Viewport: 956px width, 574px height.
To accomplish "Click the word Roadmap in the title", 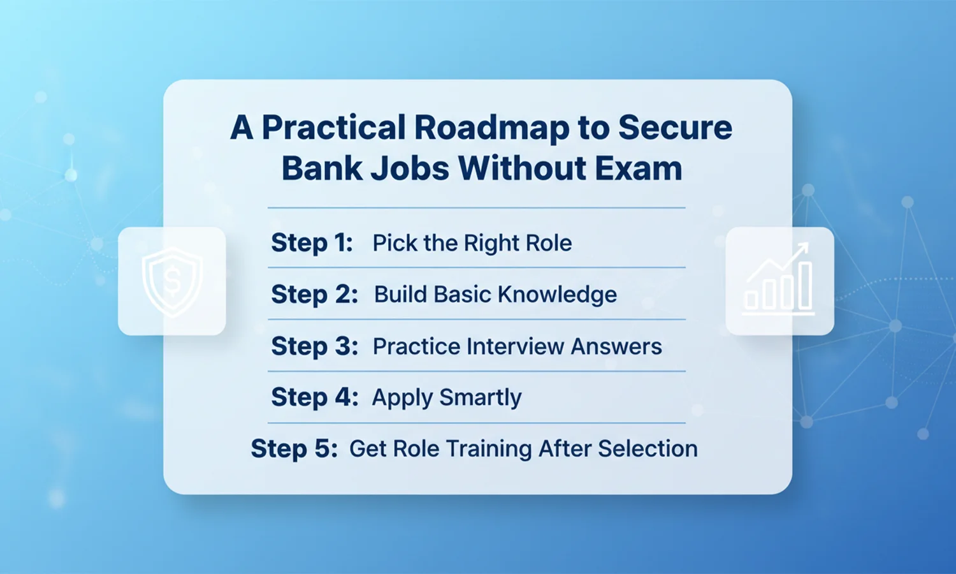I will click(492, 128).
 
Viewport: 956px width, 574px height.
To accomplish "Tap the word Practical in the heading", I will click(333, 128).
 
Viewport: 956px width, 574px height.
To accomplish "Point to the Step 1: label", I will click(312, 243).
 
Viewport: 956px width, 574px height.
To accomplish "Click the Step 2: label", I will click(314, 295).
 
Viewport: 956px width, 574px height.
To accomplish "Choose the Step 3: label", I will click(314, 346).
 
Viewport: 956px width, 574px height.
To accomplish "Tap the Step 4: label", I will click(314, 397).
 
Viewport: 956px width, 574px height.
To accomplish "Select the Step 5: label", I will click(294, 449).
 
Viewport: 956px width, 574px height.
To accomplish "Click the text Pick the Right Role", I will click(472, 243).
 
